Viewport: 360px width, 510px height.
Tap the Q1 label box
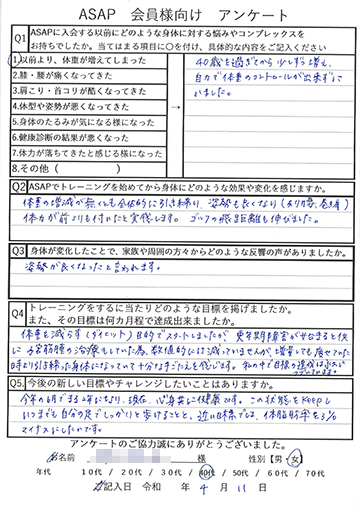click(x=18, y=36)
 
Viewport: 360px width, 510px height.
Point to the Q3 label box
click(x=18, y=250)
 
